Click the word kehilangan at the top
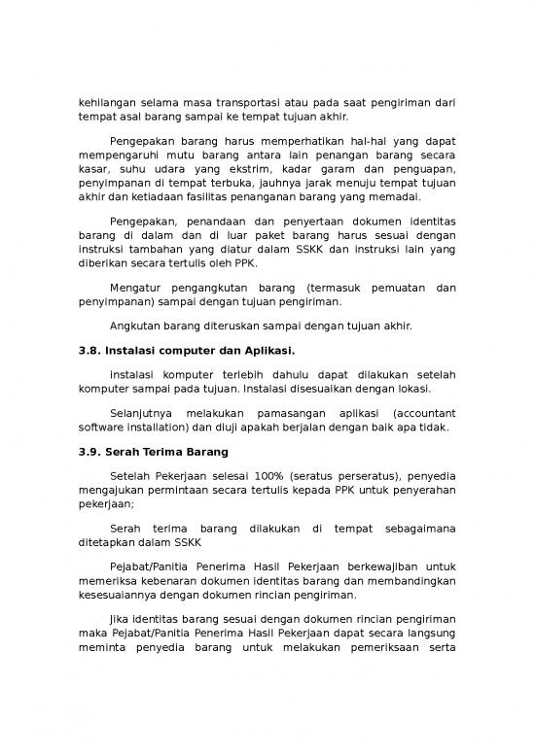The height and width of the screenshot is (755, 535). click(107, 102)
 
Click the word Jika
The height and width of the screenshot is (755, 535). click(123, 621)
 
